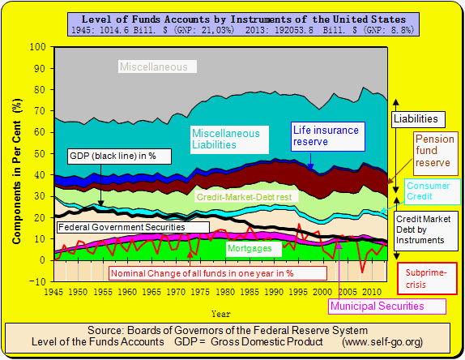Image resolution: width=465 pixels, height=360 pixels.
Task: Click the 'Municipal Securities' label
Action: (387, 306)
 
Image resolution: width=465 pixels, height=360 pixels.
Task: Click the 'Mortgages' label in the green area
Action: (250, 248)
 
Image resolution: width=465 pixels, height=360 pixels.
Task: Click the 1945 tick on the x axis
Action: (55, 291)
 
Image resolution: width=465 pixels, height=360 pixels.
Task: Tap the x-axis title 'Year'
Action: (220, 312)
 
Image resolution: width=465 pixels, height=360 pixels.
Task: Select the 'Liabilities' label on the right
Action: (420, 118)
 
